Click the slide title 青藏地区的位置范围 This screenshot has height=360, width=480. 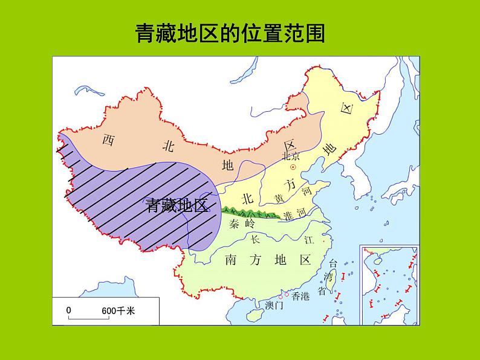coord(230,34)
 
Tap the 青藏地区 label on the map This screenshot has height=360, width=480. coord(177,205)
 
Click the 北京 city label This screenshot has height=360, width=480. coord(291,156)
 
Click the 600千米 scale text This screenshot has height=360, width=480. coord(118,310)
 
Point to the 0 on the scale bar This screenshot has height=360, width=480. coord(69,310)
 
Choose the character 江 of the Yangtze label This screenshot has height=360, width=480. coord(309,240)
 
